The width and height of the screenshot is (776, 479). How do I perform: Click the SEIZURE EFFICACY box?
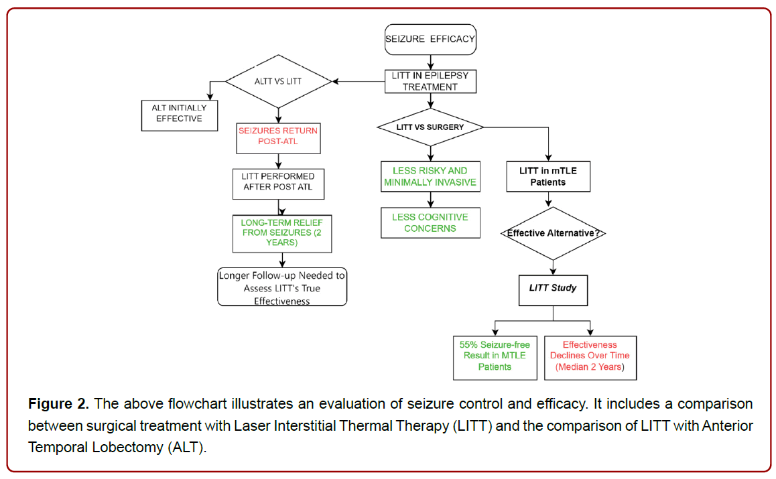[430, 39]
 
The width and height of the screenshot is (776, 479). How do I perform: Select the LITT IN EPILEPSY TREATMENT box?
[430, 81]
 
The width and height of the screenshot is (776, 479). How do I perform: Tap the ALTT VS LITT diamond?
[278, 81]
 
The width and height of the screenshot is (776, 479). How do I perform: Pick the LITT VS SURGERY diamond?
[430, 127]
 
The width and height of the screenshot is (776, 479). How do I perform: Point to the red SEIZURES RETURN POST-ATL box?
[278, 139]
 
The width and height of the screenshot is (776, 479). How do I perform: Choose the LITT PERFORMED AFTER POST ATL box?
[278, 184]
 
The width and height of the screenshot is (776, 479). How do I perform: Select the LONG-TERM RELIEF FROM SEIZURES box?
[282, 234]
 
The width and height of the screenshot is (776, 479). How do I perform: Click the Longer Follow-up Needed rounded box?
[282, 287]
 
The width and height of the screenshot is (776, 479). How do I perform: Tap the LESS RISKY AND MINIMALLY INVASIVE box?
[430, 176]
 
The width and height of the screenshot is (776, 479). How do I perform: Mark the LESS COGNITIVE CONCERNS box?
[430, 222]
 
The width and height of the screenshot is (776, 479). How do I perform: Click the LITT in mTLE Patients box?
[548, 176]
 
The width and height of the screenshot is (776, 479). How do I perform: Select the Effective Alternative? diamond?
[553, 233]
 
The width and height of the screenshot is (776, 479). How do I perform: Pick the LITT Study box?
[553, 291]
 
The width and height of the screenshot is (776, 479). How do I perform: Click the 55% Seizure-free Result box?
[495, 358]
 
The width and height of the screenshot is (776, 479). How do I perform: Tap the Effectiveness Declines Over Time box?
[590, 358]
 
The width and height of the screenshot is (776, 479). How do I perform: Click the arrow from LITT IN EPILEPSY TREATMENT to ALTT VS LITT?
[359, 81]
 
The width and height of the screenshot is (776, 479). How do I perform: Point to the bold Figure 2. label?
[58, 404]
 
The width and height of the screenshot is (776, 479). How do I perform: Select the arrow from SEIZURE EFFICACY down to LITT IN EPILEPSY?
[431, 62]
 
